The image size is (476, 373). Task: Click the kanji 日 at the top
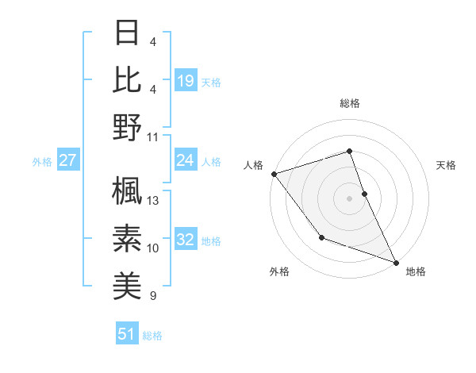point(128,33)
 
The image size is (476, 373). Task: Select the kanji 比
point(128,80)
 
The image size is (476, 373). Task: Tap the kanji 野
point(128,127)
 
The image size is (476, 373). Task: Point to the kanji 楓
point(128,191)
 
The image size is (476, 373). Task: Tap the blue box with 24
point(185,160)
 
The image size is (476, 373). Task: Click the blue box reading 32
point(185,240)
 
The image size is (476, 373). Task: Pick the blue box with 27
point(68,160)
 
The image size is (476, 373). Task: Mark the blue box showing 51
point(127,334)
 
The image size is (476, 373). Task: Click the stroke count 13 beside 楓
point(154,201)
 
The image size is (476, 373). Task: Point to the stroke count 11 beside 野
point(153,137)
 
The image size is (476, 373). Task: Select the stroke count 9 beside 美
point(153,296)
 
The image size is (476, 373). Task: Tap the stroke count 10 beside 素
point(154,248)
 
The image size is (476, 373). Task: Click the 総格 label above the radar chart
point(350,103)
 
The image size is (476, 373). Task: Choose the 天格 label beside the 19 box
point(211,81)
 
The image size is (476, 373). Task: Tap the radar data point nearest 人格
point(274,173)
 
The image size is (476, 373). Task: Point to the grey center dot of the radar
point(350,198)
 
